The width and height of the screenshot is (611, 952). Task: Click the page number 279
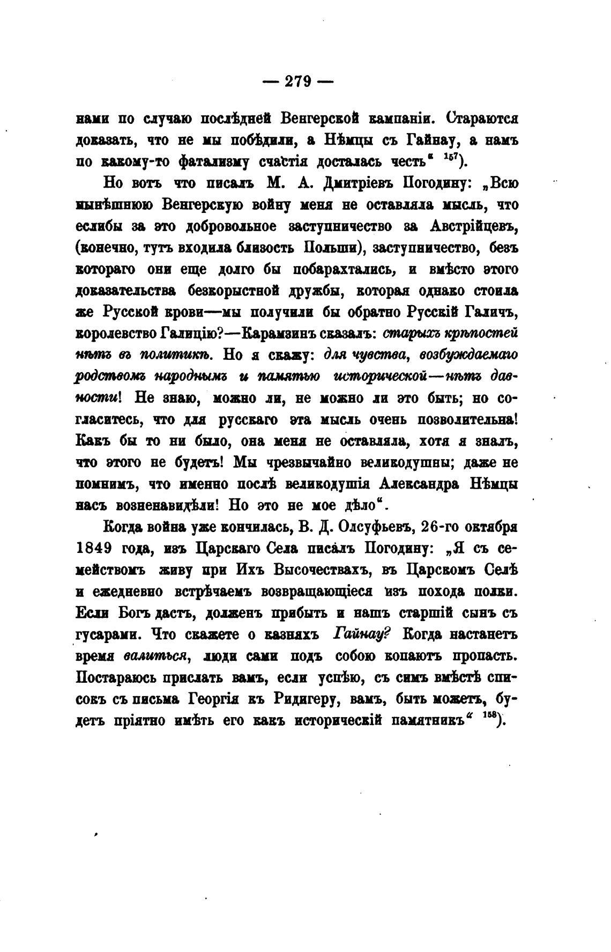tap(298, 81)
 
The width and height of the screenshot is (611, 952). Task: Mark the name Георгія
tap(216, 699)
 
